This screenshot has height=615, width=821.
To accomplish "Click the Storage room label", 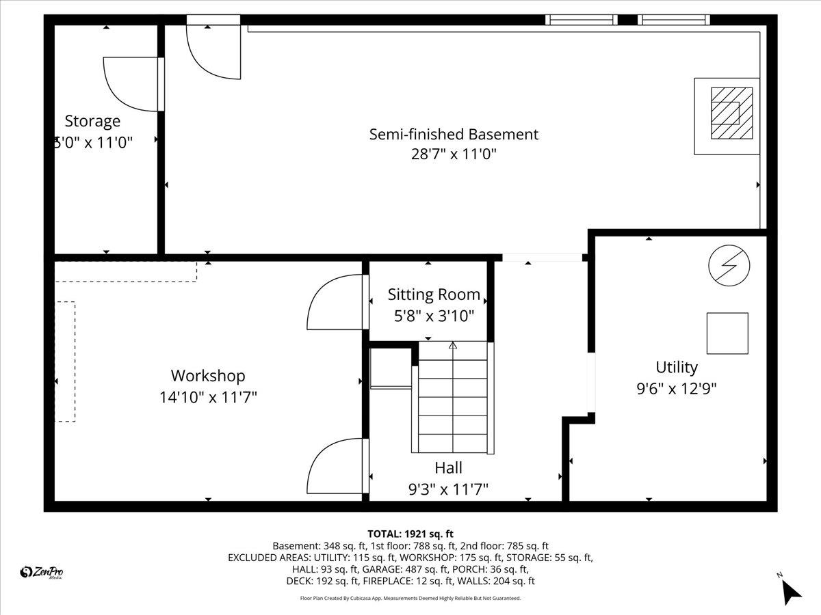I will click(92, 122).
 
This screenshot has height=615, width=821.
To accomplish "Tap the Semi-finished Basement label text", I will click(454, 134).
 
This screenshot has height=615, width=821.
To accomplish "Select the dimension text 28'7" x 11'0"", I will click(454, 154).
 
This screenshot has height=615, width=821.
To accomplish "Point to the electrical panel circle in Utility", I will click(729, 265).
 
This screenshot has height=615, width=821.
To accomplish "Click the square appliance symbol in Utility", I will click(727, 333).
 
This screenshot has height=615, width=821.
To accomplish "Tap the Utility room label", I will click(676, 368).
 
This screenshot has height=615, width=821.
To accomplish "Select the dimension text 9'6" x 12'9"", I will click(676, 389).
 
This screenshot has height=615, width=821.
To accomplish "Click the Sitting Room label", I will click(434, 295).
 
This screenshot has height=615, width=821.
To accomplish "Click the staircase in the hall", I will click(453, 398).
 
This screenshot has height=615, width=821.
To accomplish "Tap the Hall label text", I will click(448, 468).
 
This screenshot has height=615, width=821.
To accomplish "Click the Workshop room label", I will click(208, 376).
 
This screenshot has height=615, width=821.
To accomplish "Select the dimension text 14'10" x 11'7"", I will click(208, 397).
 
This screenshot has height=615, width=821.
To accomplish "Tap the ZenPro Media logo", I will click(42, 573).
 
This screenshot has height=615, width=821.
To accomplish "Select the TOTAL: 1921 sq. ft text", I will click(410, 534).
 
